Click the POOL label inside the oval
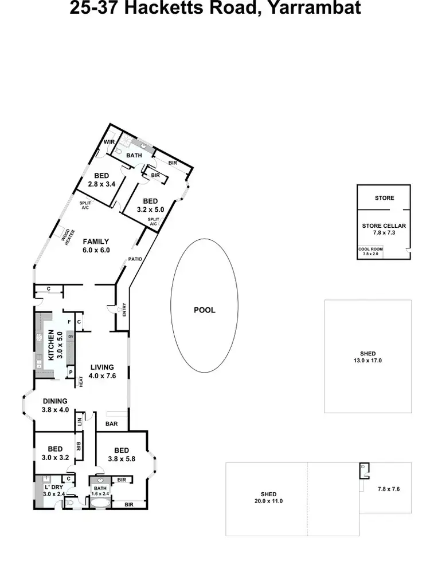pos(205,310)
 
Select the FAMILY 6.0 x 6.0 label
pos(96,246)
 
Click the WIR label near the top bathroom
pos(109,143)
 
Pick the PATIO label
pos(135,259)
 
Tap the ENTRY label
pos(123,310)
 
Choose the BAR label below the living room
pos(111,425)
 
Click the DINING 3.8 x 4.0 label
pos(55,405)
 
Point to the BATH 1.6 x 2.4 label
pos(101,490)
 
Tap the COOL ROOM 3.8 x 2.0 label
pos(370,251)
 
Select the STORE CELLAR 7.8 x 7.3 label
pos(384,229)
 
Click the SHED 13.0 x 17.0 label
pos(368,357)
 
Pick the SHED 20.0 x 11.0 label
pos(268,497)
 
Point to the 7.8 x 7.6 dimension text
pos(388,489)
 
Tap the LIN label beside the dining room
pos(79,422)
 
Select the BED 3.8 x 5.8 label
pos(122,454)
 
